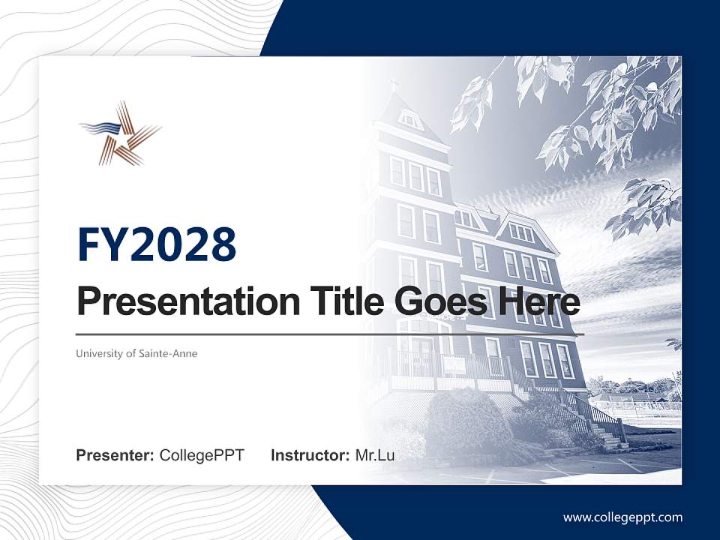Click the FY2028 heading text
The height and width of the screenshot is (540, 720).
pyautogui.click(x=157, y=244)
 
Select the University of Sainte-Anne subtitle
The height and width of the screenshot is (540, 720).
pyautogui.click(x=136, y=353)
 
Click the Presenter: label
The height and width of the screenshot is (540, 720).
pyautogui.click(x=115, y=455)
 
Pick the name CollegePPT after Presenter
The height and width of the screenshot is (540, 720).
pyautogui.click(x=202, y=455)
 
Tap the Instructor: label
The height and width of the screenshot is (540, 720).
pyautogui.click(x=310, y=455)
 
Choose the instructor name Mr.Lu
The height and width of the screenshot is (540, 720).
pyautogui.click(x=375, y=455)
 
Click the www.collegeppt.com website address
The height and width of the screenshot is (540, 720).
pyautogui.click(x=622, y=517)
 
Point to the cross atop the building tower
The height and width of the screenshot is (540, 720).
pyautogui.click(x=394, y=85)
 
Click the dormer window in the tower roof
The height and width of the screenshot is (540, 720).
pyautogui.click(x=409, y=118)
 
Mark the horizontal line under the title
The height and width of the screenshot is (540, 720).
pyautogui.click(x=330, y=334)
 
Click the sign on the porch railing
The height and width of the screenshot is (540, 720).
pyautogui.click(x=454, y=365)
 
